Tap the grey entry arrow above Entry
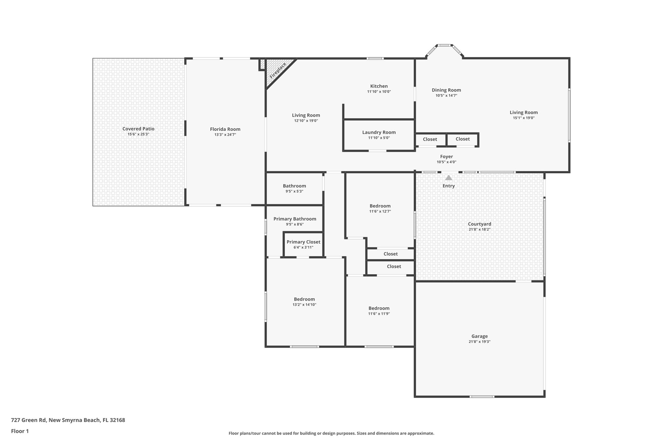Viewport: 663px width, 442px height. (x=448, y=178)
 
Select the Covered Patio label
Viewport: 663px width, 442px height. (x=138, y=129)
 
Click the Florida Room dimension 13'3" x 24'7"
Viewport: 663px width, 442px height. (x=225, y=135)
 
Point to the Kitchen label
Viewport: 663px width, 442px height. (x=379, y=86)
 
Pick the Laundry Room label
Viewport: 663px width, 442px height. (x=379, y=132)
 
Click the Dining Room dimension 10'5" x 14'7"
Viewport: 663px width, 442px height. (x=446, y=96)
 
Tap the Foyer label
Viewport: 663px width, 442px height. (x=446, y=157)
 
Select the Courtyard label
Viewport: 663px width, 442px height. (x=479, y=224)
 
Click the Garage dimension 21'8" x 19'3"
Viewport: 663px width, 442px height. (x=479, y=342)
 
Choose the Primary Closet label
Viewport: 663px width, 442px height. (x=303, y=242)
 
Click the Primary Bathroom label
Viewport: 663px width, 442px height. (x=295, y=219)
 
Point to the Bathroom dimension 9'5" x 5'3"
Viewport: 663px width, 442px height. (x=294, y=191)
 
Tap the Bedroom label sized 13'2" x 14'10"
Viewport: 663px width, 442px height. (x=304, y=299)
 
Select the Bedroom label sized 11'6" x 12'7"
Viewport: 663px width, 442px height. (x=380, y=206)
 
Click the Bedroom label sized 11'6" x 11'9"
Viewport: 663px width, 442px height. (x=379, y=308)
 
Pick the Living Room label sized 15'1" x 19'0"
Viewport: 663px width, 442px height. (x=523, y=113)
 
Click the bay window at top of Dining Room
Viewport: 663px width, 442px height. (x=444, y=46)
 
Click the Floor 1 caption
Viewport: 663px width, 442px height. (x=20, y=431)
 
